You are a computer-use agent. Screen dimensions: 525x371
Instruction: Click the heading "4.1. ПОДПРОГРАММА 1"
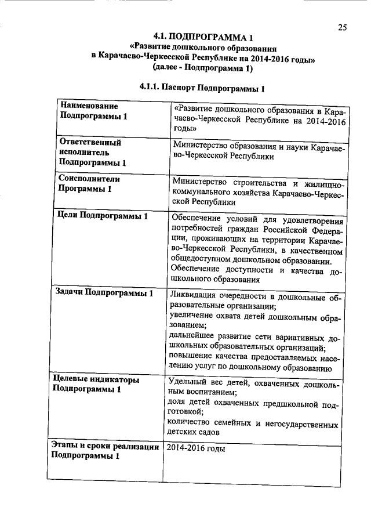(203, 38)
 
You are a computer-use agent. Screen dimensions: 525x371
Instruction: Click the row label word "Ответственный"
(90, 142)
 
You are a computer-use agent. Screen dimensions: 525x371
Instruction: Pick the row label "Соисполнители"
(87, 179)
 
